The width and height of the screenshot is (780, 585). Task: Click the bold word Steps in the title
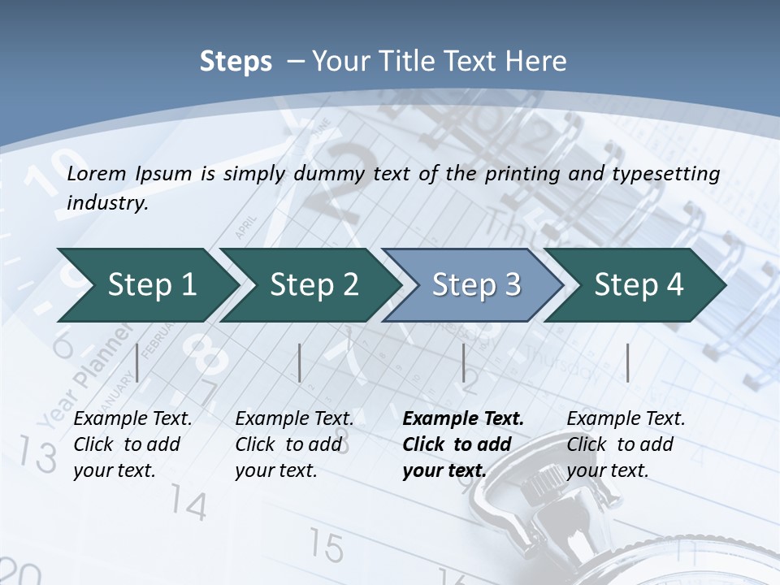[x=236, y=62]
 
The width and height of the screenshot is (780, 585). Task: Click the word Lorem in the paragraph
[x=97, y=174]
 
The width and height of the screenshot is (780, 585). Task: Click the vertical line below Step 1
[x=137, y=362]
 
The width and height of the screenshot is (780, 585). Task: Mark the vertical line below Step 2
[x=300, y=362]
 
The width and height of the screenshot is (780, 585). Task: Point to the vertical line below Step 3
[x=463, y=362]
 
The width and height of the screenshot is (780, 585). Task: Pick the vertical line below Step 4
[x=626, y=362]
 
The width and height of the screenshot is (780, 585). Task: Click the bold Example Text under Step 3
[x=463, y=419]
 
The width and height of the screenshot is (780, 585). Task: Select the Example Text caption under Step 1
[x=133, y=419]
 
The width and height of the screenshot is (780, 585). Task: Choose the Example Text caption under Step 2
[x=295, y=419]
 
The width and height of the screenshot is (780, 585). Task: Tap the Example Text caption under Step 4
[x=626, y=419]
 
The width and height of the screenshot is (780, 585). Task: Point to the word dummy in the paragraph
[x=353, y=174]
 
